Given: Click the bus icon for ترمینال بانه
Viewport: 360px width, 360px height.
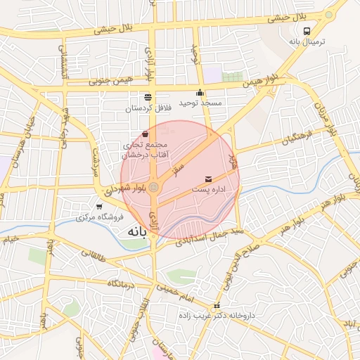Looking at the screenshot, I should pos(307,31).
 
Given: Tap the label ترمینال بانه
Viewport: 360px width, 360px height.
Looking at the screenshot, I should pos(307,41).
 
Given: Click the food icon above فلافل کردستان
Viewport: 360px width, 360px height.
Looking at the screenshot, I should pos(148,98).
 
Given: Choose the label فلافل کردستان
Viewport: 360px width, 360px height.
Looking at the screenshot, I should pos(148,108).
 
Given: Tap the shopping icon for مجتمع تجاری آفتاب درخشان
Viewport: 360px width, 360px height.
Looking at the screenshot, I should pos(145,134).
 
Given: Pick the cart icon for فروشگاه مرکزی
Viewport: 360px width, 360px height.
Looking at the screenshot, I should pos(99,206).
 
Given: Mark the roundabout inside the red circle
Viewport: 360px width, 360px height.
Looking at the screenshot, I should pos(153,186).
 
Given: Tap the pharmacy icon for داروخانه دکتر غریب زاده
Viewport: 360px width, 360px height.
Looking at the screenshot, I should pos(217,306).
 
